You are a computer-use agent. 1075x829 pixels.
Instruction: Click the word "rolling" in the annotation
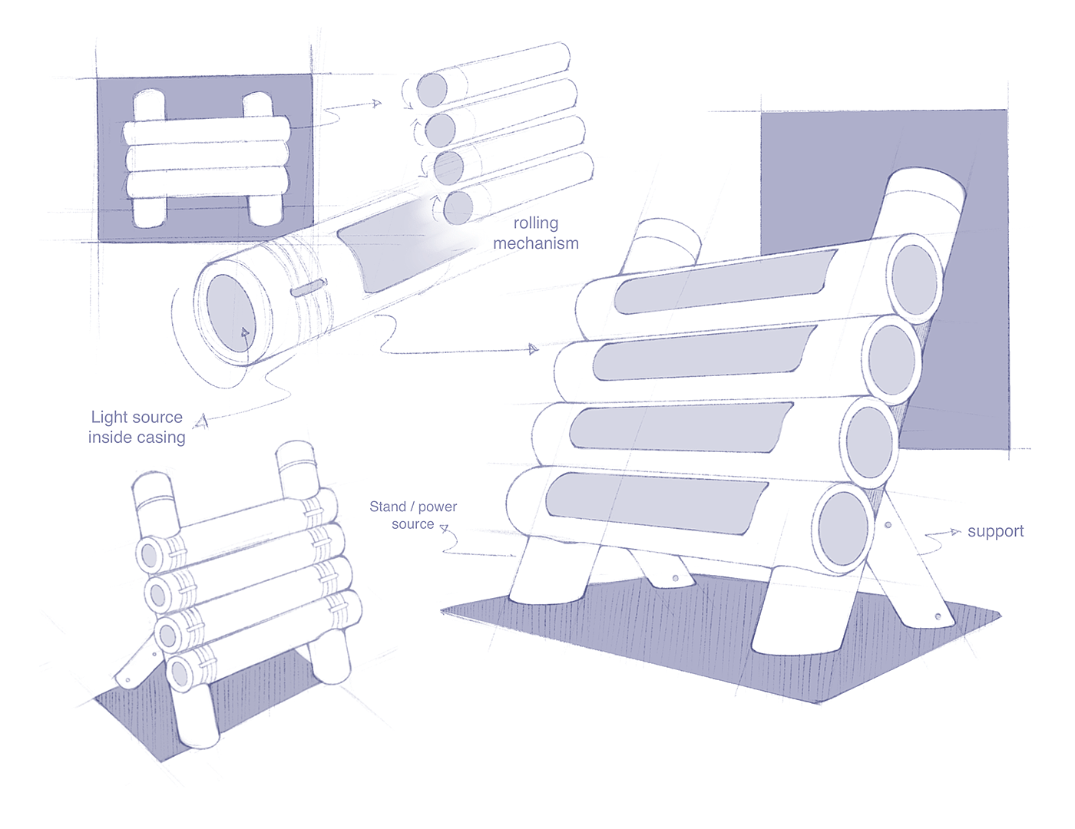(x=536, y=223)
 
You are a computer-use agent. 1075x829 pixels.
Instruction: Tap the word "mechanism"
(x=536, y=243)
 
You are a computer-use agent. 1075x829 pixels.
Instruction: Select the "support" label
(x=995, y=532)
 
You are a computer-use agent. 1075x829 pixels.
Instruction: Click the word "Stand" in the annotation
(x=388, y=507)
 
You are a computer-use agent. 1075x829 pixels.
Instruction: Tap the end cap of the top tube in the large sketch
(x=915, y=280)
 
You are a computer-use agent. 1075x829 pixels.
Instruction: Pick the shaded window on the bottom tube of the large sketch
(x=657, y=504)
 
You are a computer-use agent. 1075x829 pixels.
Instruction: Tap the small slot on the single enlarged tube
(x=309, y=288)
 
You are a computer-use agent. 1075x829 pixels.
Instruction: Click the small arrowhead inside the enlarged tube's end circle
(x=245, y=332)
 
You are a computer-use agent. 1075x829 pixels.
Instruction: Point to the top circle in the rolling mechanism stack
(x=432, y=90)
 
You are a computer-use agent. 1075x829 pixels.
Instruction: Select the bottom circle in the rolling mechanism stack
(x=458, y=207)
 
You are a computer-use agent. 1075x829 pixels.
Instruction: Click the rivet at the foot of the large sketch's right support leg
(x=938, y=617)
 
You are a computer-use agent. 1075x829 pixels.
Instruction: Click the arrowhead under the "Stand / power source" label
(x=444, y=528)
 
